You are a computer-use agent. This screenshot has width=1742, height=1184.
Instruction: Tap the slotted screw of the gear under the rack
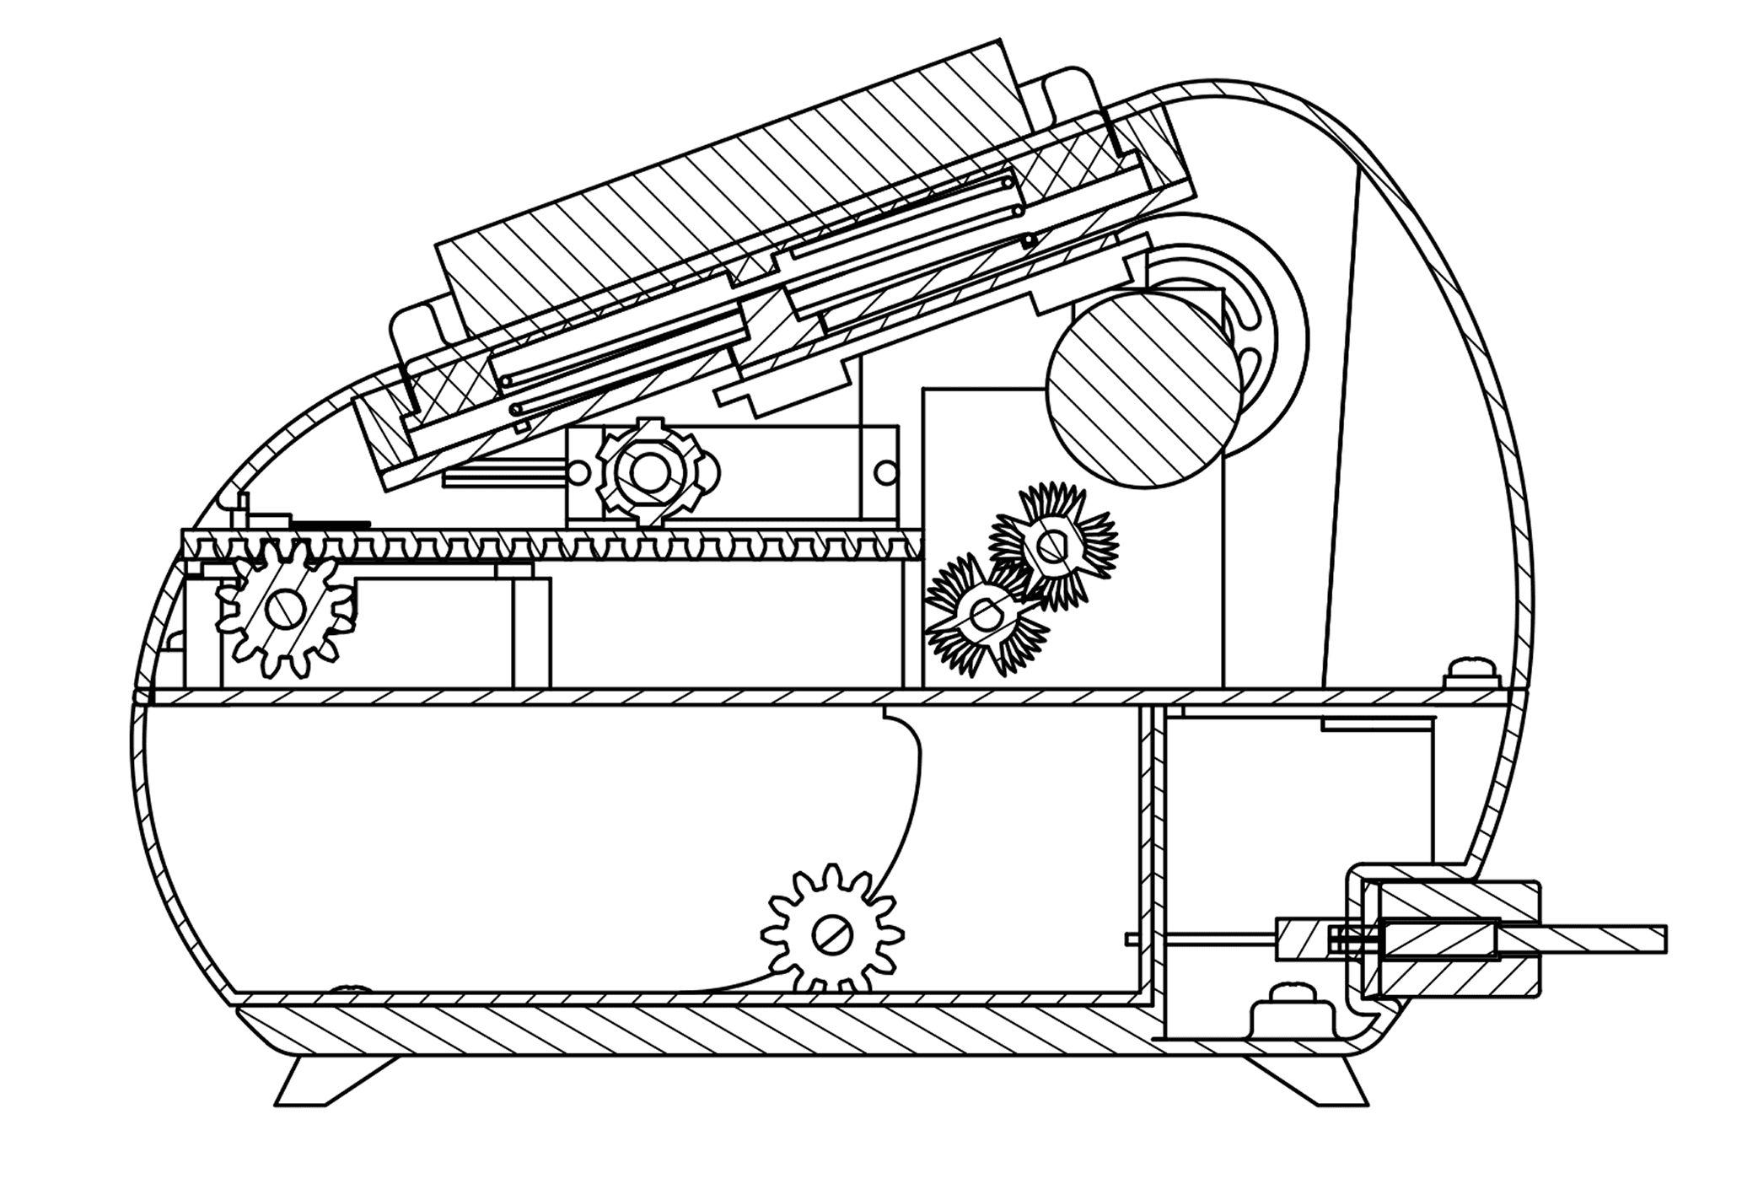282,609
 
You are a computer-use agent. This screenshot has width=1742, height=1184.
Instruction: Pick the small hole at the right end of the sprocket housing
884,472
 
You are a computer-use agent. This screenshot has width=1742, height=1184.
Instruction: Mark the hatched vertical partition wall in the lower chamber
1148,852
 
